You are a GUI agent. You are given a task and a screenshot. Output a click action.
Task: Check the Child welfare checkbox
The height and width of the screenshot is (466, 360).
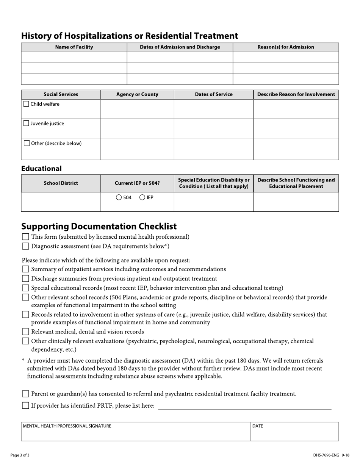tap(26, 104)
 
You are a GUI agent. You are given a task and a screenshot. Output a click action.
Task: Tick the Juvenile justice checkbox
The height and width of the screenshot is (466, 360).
tap(26, 123)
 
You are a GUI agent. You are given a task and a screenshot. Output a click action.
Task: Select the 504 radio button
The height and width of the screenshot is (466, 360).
tap(119, 197)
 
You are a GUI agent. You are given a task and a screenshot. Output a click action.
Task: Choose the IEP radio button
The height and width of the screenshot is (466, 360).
tap(142, 197)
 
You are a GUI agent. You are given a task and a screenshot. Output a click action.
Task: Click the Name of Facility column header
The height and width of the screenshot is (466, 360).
tap(74, 47)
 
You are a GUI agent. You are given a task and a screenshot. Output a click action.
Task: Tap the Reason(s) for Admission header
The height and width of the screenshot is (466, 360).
tap(286, 47)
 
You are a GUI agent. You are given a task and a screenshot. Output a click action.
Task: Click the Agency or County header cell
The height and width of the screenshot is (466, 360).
tap(137, 94)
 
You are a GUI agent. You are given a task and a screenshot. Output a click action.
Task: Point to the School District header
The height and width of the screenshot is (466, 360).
tap(61, 183)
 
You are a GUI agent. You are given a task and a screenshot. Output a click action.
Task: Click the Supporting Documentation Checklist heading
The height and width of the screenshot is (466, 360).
tap(99, 227)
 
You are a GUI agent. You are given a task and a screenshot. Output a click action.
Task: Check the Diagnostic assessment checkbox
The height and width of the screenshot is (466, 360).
tap(25, 246)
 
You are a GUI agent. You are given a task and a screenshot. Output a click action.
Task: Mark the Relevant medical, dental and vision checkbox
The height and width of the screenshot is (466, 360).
tap(25, 332)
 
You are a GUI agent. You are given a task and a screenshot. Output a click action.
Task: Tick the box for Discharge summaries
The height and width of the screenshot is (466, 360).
tap(25, 278)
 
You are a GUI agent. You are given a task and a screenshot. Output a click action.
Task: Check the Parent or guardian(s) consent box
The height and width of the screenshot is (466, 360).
tap(25, 394)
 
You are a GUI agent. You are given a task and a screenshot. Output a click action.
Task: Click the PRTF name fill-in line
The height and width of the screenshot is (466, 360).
tap(244, 406)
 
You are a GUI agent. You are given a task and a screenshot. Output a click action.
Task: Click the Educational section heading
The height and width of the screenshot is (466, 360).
tap(41, 169)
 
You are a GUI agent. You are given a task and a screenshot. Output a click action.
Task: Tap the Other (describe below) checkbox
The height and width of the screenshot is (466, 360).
tap(27, 143)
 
